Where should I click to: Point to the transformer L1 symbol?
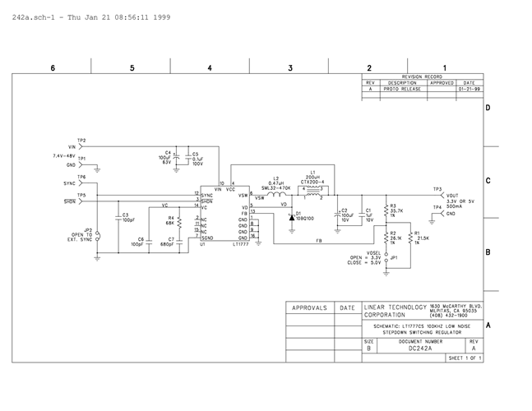click(313, 193)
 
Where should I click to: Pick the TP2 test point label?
click(81, 141)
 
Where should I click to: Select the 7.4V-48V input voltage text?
click(64, 155)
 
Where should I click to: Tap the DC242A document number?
click(419, 349)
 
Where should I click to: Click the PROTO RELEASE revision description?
click(403, 89)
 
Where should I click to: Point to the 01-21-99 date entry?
click(469, 89)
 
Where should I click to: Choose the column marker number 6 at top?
click(53, 67)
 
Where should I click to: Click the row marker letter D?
click(488, 108)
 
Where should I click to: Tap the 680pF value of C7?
click(166, 244)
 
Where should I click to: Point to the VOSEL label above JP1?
click(373, 252)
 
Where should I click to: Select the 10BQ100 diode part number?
click(305, 219)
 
